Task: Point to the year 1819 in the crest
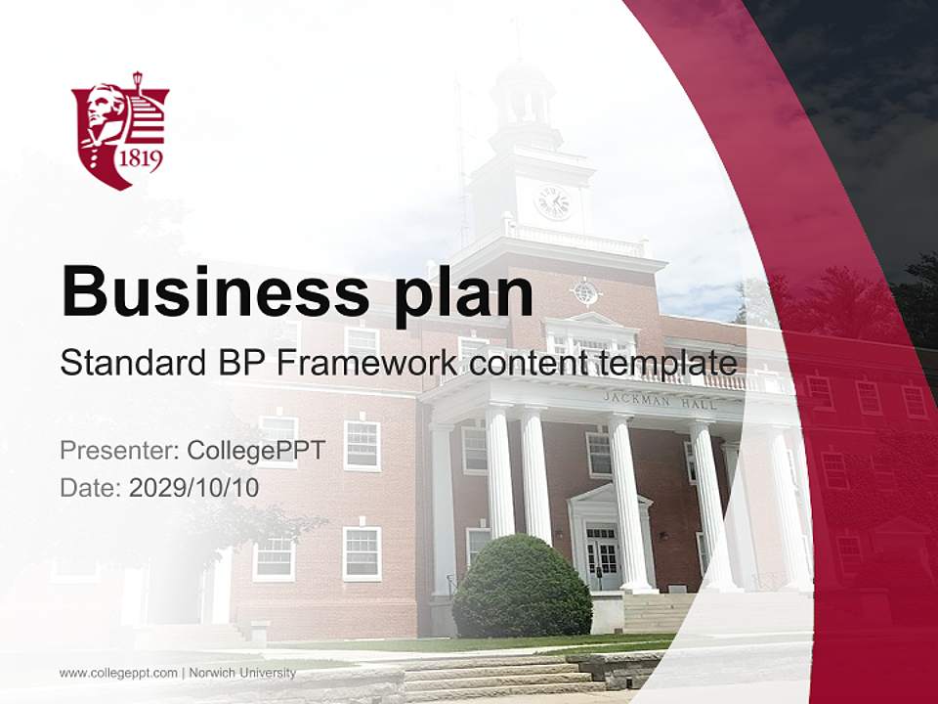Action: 140,158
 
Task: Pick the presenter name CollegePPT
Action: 255,451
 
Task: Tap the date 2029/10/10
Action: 194,487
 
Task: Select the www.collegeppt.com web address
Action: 118,673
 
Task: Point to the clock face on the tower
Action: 553,202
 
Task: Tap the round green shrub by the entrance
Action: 522,587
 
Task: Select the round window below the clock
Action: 585,291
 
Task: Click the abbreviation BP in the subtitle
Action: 243,364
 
